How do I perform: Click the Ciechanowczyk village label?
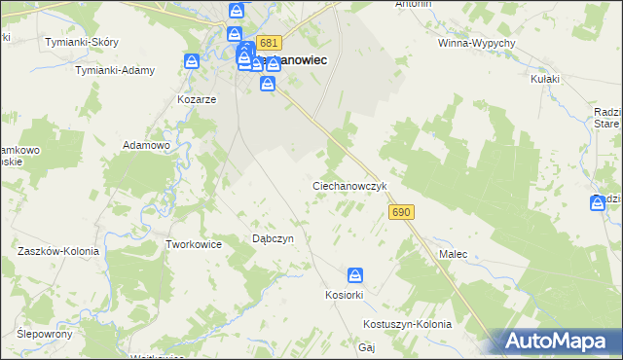(350, 185)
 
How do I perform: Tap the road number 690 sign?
(401, 212)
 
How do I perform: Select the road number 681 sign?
(270, 44)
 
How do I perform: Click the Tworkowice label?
(195, 244)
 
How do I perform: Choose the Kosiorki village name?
(344, 295)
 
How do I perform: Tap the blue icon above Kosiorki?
(356, 276)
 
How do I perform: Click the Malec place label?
(453, 254)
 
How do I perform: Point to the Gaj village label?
(367, 347)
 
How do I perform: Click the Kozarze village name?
(196, 99)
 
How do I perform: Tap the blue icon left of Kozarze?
(193, 62)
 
